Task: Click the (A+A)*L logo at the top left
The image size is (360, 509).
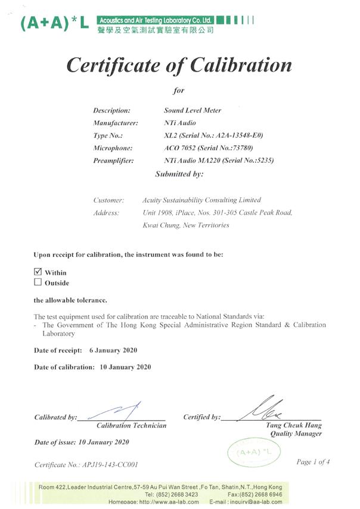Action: (x=55, y=23)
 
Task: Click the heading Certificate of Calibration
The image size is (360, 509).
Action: (x=179, y=64)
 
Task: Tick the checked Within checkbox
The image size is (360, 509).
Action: (x=38, y=272)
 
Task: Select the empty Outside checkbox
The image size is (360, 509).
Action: (x=38, y=283)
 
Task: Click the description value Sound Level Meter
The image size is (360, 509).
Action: (x=192, y=110)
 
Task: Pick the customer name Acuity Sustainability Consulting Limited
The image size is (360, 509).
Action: (x=202, y=200)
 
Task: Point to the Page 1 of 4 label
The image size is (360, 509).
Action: (x=313, y=461)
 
